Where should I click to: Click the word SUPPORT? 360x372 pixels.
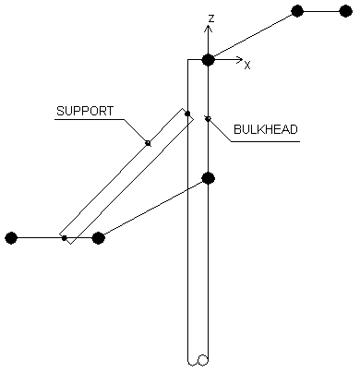click(85, 111)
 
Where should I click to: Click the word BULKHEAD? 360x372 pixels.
click(266, 129)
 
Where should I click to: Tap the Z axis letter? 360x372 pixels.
click(211, 18)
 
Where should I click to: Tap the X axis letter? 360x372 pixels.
click(247, 66)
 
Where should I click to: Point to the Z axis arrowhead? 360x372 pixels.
click(209, 29)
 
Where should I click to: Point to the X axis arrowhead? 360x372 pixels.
click(240, 60)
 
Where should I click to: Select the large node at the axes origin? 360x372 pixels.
click(209, 60)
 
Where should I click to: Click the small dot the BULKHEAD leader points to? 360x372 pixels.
click(209, 119)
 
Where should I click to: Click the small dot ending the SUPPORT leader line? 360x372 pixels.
click(149, 143)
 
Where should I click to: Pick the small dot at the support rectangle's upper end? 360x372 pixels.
click(187, 114)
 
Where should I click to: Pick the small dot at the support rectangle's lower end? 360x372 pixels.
click(65, 238)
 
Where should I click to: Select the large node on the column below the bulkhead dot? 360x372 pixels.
click(209, 178)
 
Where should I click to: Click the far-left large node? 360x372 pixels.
click(11, 238)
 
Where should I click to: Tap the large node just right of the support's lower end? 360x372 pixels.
click(99, 238)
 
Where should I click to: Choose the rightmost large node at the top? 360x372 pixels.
click(346, 12)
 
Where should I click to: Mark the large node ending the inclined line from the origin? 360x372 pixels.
click(297, 12)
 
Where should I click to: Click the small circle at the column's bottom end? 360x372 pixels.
click(203, 360)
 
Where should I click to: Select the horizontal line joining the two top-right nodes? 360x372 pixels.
click(321, 12)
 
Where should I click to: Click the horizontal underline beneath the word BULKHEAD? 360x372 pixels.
click(266, 141)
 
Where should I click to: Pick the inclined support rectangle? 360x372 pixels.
click(126, 176)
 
